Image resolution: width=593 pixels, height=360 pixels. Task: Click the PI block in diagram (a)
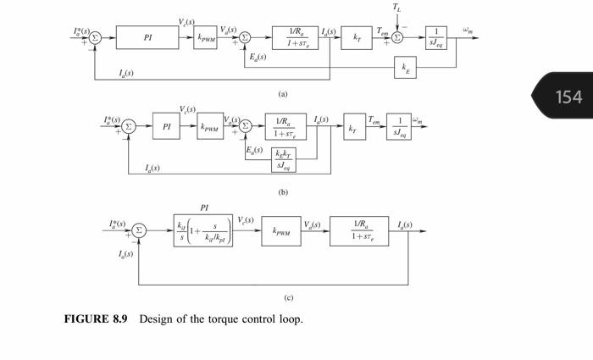148,37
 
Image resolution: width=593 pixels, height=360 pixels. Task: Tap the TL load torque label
397,8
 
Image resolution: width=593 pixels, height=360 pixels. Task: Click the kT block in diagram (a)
356,37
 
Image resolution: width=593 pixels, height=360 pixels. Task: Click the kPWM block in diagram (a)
205,37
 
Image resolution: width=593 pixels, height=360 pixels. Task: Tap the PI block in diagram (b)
167,127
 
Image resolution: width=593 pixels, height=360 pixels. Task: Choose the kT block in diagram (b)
352,127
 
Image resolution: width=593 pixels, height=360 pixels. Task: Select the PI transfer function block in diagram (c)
203,230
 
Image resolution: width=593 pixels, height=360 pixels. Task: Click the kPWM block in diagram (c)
280,230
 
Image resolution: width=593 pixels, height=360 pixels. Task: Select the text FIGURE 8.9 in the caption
95,319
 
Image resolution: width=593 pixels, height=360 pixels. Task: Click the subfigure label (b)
283,193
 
